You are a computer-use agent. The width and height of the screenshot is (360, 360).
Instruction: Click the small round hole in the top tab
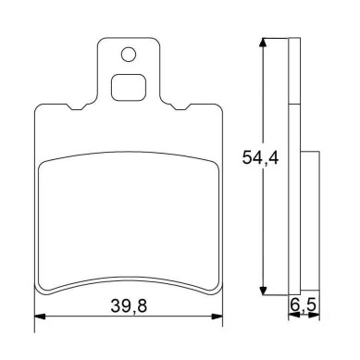click(x=129, y=55)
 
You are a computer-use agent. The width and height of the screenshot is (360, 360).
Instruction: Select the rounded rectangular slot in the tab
click(x=129, y=88)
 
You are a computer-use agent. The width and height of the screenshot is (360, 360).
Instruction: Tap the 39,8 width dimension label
click(x=129, y=306)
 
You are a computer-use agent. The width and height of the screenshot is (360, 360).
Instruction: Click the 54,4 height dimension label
click(x=260, y=157)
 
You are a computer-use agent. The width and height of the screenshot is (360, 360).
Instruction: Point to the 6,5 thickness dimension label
click(x=304, y=305)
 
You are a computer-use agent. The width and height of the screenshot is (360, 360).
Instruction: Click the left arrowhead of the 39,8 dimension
click(x=40, y=317)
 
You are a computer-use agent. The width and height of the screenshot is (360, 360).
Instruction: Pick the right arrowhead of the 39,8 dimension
click(x=217, y=317)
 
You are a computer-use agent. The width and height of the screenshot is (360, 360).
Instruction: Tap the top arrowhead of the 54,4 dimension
click(x=263, y=43)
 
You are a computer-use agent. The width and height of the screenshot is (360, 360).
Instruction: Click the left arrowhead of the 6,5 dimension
click(x=294, y=315)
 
